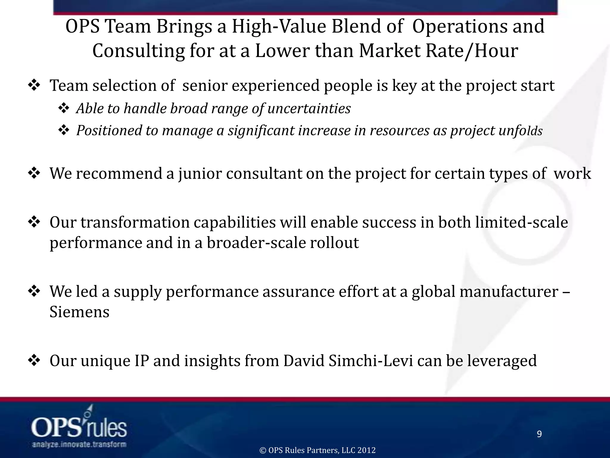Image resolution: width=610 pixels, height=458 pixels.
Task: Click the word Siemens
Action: (79, 312)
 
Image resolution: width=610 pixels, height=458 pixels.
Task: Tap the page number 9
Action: (539, 434)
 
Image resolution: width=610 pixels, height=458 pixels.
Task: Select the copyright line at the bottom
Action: (318, 450)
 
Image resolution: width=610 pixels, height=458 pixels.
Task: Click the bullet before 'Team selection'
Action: (34, 86)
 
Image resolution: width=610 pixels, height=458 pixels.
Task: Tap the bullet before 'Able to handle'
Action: (63, 108)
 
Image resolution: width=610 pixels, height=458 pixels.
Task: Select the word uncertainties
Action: (309, 108)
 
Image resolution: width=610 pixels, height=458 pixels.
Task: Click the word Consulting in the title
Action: (138, 51)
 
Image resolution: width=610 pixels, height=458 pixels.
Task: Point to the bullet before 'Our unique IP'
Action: (34, 360)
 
